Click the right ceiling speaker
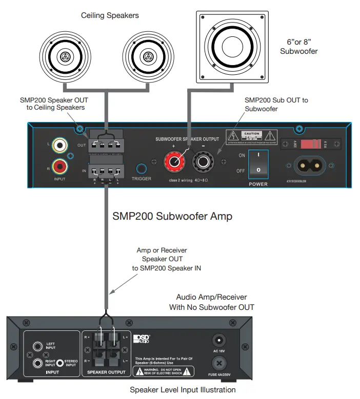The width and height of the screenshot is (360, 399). (x=149, y=56)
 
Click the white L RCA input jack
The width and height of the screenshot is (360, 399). (x=61, y=145)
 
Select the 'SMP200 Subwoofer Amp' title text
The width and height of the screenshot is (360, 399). (x=172, y=217)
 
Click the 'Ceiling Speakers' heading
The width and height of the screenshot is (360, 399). (x=110, y=15)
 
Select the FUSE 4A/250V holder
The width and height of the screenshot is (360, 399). (x=218, y=363)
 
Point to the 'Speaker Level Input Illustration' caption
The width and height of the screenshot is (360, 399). (x=183, y=390)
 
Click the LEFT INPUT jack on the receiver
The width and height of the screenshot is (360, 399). (x=37, y=347)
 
